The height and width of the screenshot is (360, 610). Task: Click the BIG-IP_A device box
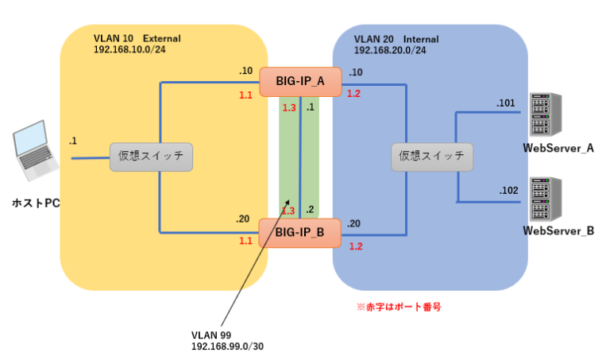point(300,81)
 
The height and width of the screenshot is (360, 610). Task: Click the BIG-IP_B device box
point(300,232)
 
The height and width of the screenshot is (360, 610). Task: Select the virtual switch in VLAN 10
point(151,157)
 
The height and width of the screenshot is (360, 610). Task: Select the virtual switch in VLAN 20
point(432,157)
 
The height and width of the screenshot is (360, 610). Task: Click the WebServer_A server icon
point(547,116)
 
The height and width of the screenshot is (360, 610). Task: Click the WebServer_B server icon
point(547,199)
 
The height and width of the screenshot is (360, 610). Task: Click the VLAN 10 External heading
point(137,38)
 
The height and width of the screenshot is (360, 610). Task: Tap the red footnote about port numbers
point(400,305)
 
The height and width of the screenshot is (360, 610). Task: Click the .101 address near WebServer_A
point(506,103)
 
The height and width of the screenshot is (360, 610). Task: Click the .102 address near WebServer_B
point(508,190)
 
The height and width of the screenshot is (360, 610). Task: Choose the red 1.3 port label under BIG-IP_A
point(288,107)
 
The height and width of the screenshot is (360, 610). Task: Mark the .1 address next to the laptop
point(73,141)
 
